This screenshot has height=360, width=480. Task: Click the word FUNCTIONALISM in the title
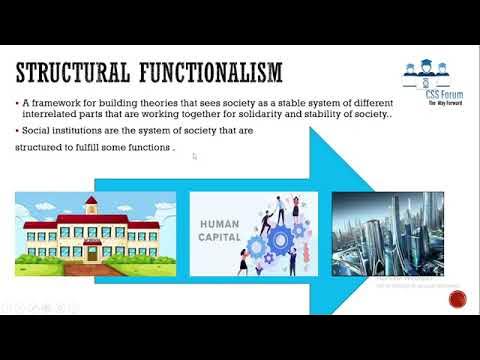209,73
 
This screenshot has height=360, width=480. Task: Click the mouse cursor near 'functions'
194,156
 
